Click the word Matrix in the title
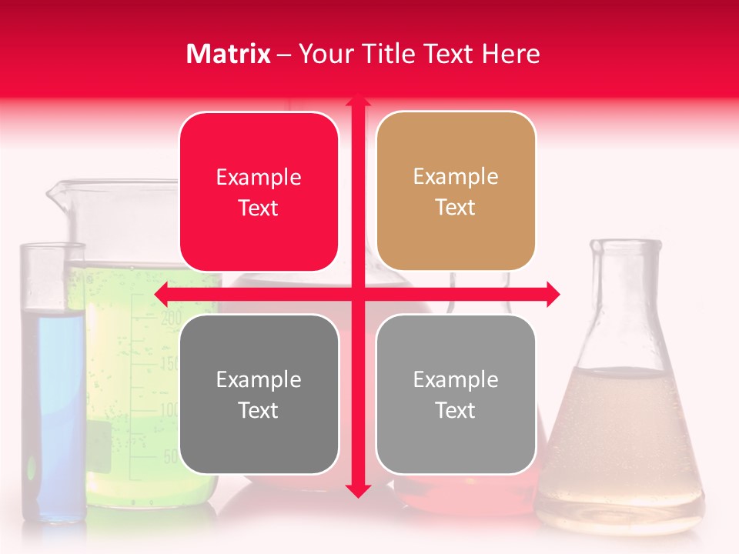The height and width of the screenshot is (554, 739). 229,54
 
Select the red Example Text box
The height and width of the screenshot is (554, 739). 259,192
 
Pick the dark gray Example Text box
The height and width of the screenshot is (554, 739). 259,394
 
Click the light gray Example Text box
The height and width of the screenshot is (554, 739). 456,394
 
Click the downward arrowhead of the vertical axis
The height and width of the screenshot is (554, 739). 358,490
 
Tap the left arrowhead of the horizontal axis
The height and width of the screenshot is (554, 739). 161,293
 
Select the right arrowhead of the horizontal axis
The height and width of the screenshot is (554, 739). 554,293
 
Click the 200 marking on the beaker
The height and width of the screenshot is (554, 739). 171,317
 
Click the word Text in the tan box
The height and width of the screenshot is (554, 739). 456,208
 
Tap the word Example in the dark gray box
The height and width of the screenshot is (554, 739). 259,379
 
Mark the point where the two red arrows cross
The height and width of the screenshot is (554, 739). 358,293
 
